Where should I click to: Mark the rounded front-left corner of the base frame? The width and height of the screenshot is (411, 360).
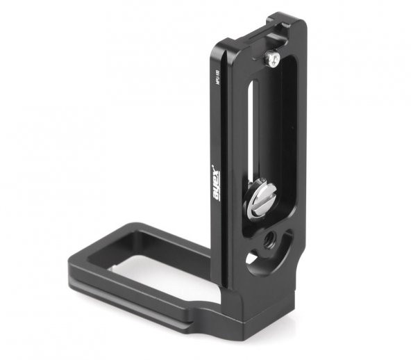[x=76, y=268]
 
